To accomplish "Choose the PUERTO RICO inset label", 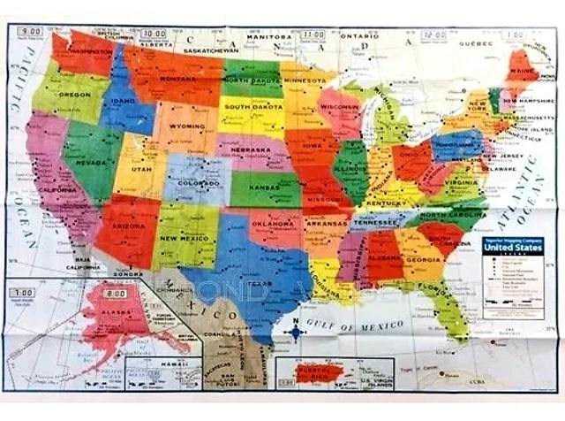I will coord(314,378).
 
